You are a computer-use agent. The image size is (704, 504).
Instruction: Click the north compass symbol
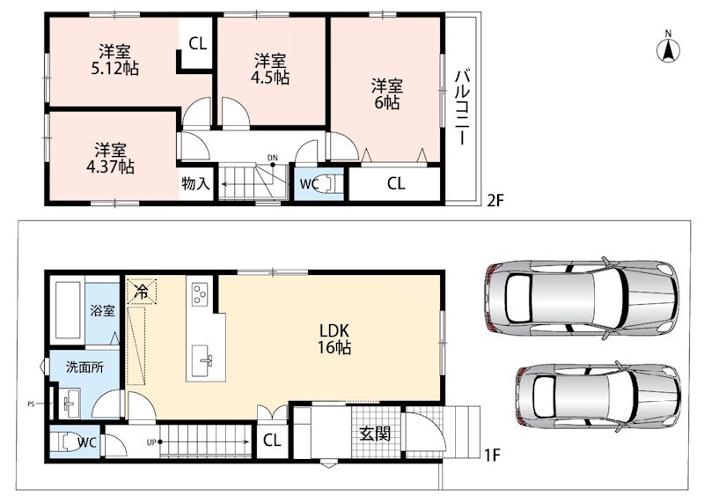point(668,47)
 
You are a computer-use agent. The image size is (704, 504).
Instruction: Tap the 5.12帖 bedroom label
point(115,60)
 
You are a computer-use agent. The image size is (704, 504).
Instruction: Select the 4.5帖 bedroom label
point(270,69)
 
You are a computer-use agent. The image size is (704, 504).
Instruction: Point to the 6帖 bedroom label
point(386,94)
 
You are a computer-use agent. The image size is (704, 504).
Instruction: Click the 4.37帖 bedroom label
point(110,159)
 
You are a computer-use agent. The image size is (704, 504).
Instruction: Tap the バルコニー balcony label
point(462,107)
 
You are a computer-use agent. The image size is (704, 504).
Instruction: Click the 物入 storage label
point(195,183)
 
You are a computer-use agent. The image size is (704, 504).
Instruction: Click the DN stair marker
point(273,158)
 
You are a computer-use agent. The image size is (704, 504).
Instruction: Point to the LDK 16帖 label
point(334,339)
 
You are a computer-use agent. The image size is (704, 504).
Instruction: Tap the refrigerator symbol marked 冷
point(142,293)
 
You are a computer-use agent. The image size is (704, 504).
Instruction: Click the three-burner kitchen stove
point(200,294)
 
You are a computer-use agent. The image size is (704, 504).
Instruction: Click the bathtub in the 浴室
point(69,311)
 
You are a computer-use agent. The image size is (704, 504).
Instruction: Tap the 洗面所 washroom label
point(84,367)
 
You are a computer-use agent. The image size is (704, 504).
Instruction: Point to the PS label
point(31,404)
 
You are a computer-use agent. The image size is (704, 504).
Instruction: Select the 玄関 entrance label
point(375,434)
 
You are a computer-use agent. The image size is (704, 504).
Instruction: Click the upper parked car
point(581,298)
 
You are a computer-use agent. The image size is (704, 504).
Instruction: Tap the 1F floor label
point(492,455)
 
